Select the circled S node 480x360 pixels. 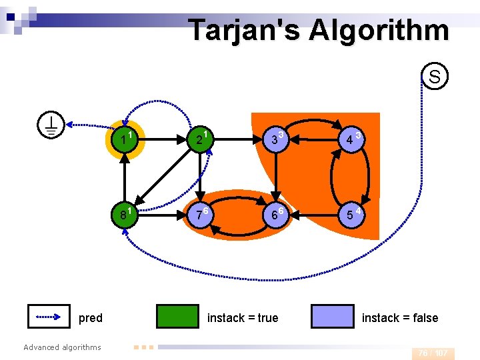[435, 77]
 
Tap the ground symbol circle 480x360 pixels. [51, 124]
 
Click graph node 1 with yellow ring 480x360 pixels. [125, 140]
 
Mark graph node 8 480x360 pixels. [125, 216]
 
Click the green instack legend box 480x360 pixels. [177, 317]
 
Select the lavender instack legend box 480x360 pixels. [332, 317]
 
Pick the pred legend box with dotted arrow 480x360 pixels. [49, 317]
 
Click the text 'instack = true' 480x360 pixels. [243, 318]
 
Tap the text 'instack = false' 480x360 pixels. [400, 318]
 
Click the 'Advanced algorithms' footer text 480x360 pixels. [62, 347]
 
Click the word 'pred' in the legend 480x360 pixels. [91, 318]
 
